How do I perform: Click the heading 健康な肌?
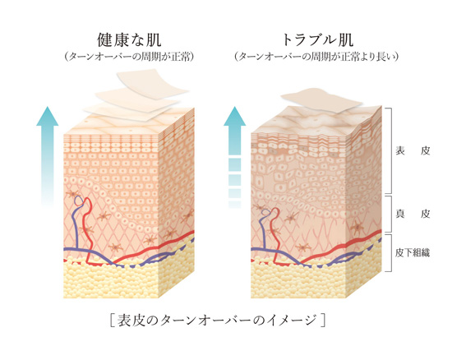129,40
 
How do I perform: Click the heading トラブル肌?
318,40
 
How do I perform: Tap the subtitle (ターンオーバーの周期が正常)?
129,57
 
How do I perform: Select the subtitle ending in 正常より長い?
316,57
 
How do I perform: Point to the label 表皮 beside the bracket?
413,150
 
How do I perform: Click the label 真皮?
413,214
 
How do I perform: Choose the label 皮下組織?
413,252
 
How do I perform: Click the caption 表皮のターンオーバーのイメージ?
217,321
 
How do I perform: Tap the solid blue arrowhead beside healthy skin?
47,117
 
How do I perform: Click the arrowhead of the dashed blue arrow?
235,117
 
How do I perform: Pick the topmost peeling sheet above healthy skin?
151,81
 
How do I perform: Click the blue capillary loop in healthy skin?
79,201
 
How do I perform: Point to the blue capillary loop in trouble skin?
266,211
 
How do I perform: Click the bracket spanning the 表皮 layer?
390,150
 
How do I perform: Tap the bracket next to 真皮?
390,214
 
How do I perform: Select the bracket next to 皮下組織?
390,252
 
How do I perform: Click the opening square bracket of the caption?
112,321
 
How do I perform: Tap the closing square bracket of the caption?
323,321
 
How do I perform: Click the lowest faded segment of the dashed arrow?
234,205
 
